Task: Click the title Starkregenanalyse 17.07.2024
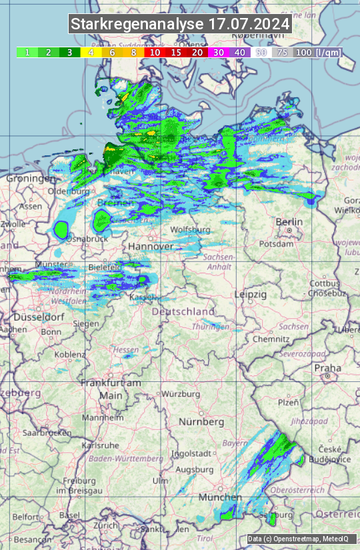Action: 180,24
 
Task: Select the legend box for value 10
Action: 155,52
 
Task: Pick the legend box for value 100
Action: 304,52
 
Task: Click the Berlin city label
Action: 289,222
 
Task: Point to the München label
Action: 220,497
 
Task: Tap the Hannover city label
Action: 151,247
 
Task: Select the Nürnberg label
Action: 201,422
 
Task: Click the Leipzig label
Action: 251,294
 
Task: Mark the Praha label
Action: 328,368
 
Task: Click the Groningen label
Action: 31,179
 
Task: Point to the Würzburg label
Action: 181,394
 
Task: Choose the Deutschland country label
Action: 183,311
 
